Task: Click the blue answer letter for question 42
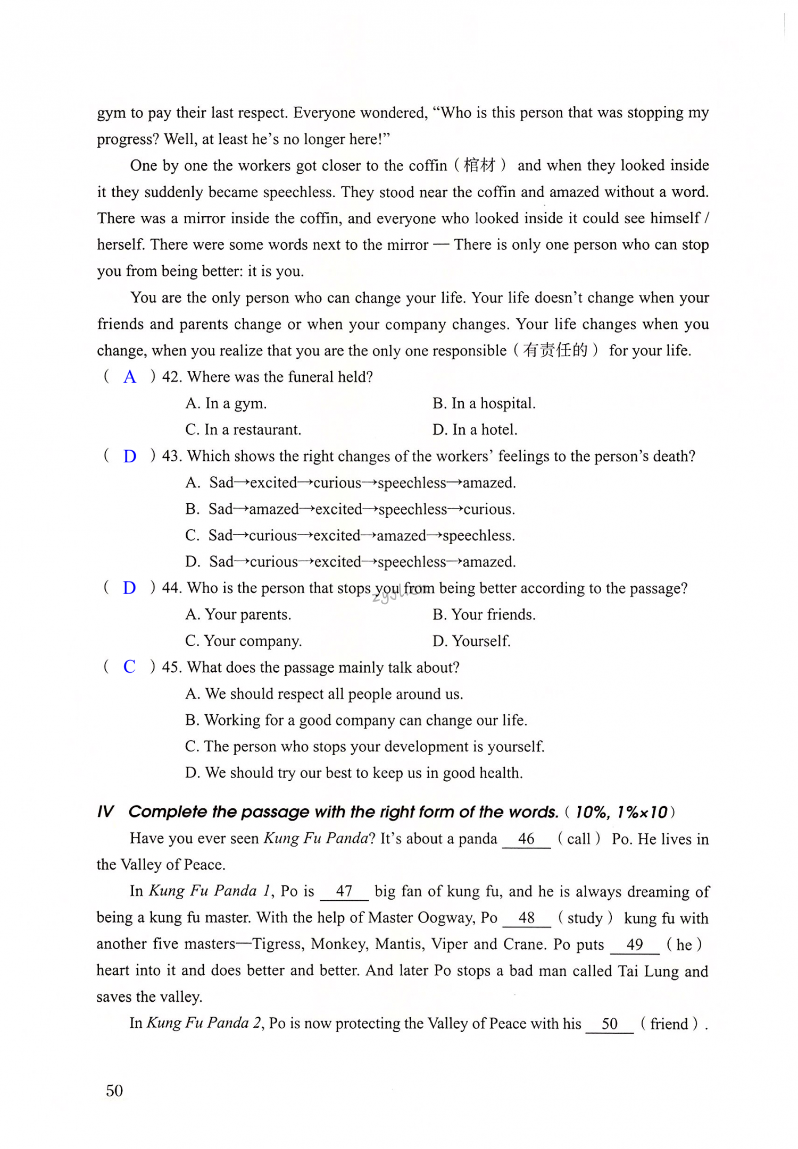130,377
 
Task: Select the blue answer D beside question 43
130,456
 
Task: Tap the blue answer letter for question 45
129,666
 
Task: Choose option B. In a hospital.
484,403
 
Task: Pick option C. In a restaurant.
243,429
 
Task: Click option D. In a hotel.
475,429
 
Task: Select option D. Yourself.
471,641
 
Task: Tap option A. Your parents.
238,614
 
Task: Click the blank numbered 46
526,839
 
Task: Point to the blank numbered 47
344,891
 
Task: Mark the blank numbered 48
527,918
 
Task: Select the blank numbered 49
635,944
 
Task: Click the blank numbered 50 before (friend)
610,1024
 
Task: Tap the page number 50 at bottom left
114,1091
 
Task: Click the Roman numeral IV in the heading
105,812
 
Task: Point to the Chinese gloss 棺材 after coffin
480,165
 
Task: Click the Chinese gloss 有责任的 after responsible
555,350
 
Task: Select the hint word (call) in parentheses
579,839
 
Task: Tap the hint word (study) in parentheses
585,918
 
